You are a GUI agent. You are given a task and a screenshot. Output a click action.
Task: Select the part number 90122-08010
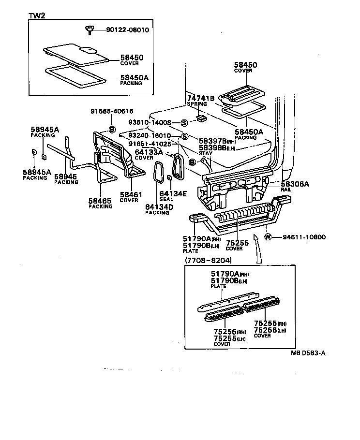pyautogui.click(x=128, y=29)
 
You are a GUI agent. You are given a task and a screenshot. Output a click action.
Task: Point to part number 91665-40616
pyautogui.click(x=112, y=111)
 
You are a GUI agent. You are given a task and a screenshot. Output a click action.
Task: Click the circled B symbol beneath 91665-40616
pyautogui.click(x=112, y=129)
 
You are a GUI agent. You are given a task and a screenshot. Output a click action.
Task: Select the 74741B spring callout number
pyautogui.click(x=200, y=98)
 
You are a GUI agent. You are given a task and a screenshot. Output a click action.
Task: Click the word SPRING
pyautogui.click(x=196, y=104)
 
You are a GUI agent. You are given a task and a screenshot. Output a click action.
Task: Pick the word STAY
pyautogui.click(x=205, y=153)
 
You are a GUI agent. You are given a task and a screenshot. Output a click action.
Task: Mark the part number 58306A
pyautogui.click(x=295, y=185)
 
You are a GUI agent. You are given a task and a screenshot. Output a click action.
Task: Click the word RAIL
pyautogui.click(x=286, y=191)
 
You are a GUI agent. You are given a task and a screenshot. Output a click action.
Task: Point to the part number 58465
pyautogui.click(x=100, y=201)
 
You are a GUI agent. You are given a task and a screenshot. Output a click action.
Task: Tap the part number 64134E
pyautogui.click(x=173, y=194)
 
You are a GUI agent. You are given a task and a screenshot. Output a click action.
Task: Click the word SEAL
pyautogui.click(x=166, y=200)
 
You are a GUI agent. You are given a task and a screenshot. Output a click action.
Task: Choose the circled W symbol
pyautogui.click(x=269, y=237)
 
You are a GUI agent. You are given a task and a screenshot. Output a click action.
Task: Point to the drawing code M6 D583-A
pyautogui.click(x=308, y=352)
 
